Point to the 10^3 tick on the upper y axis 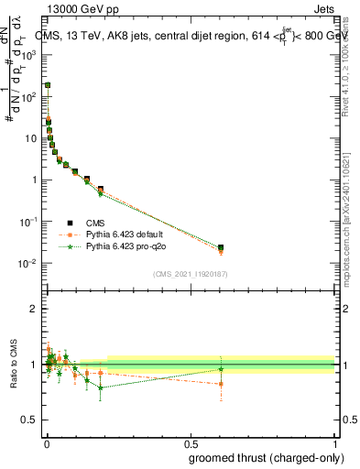32,54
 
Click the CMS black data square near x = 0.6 220,247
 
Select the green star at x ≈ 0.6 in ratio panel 220,369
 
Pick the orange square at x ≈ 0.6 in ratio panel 220,384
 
